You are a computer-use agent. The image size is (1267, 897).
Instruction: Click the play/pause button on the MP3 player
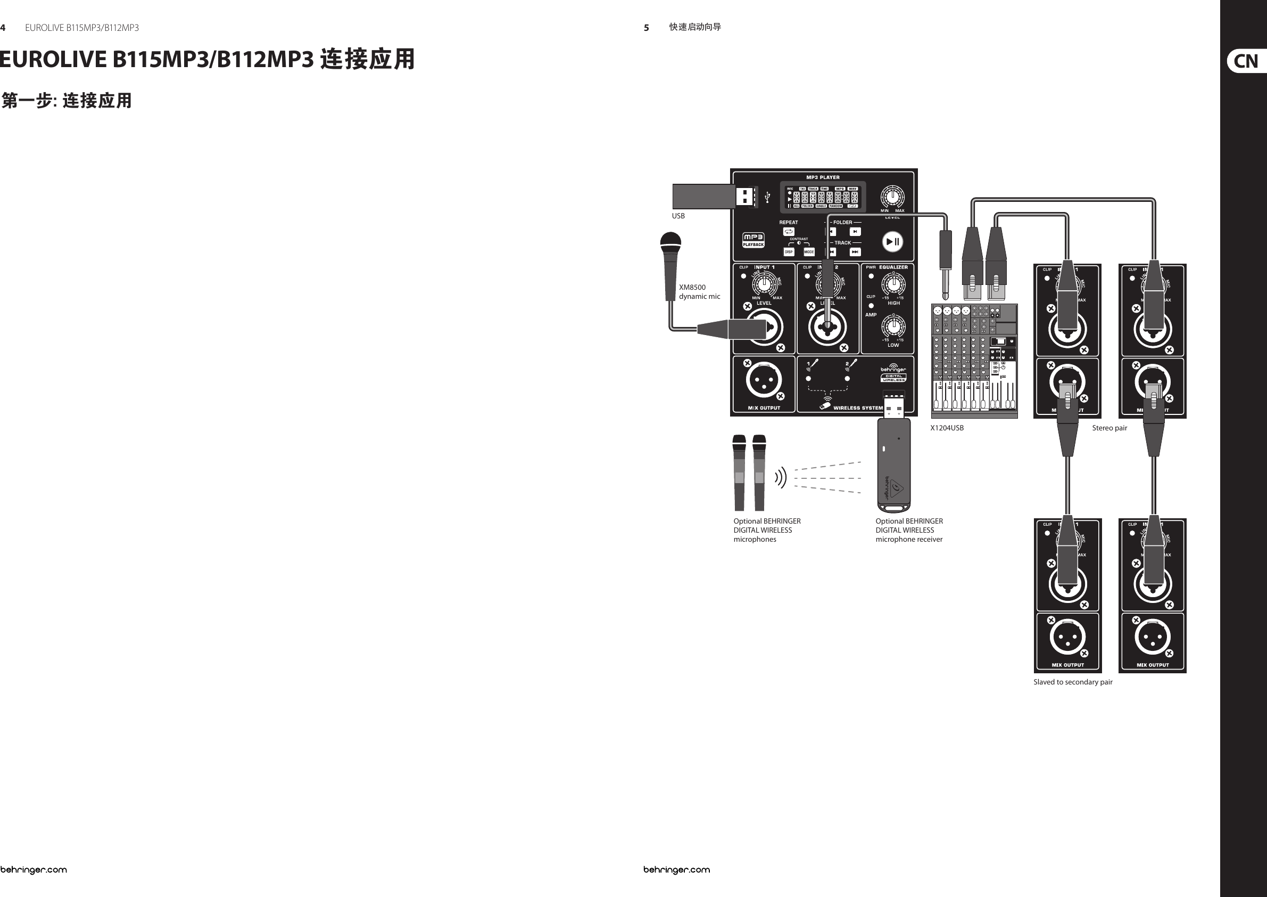pyautogui.click(x=892, y=241)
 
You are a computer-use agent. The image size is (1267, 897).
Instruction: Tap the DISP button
pyautogui.click(x=789, y=252)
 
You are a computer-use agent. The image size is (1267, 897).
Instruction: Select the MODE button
pyautogui.click(x=808, y=252)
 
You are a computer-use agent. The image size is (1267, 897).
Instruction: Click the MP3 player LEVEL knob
pyautogui.click(x=892, y=197)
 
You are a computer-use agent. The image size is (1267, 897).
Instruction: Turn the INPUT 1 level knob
pyautogui.click(x=764, y=285)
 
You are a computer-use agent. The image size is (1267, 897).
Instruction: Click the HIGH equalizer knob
pyautogui.click(x=893, y=285)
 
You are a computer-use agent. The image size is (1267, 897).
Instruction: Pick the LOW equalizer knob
pyautogui.click(x=893, y=326)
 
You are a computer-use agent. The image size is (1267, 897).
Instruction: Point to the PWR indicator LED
pyautogui.click(x=871, y=276)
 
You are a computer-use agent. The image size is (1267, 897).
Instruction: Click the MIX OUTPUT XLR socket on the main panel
pyautogui.click(x=764, y=380)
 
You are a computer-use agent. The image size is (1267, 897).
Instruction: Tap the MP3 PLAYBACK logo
pyautogui.click(x=753, y=240)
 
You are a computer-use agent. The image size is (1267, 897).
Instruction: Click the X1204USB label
pyautogui.click(x=947, y=428)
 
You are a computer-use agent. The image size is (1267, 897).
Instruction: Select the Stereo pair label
pyautogui.click(x=1109, y=428)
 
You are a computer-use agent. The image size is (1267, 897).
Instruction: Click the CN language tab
pyautogui.click(x=1246, y=61)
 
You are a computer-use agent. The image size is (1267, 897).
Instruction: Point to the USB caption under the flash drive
pyautogui.click(x=678, y=216)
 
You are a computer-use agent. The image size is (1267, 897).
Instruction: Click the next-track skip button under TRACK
pyautogui.click(x=855, y=252)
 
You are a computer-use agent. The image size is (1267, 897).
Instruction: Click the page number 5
pyautogui.click(x=646, y=28)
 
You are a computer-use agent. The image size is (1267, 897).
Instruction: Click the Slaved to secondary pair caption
pyautogui.click(x=1073, y=682)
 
